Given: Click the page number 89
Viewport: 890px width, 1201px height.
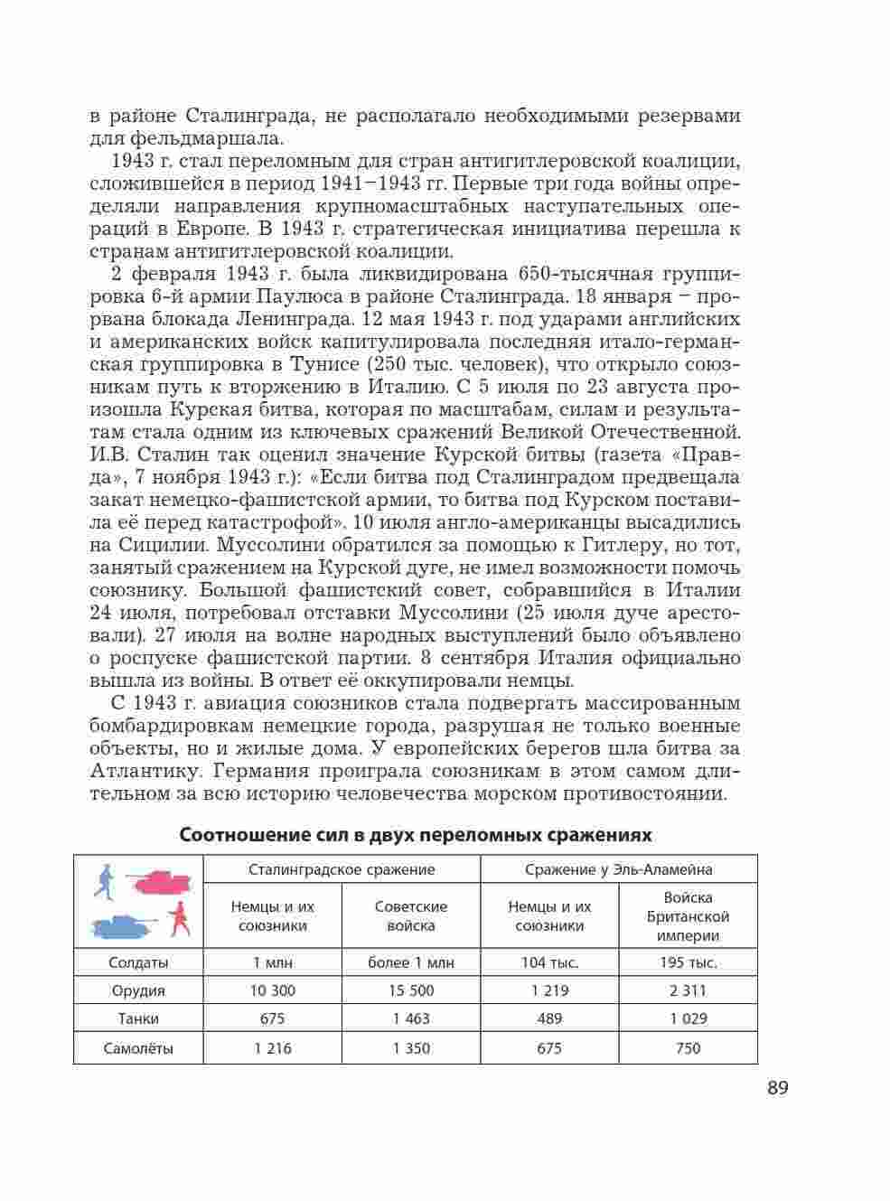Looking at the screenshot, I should [777, 1087].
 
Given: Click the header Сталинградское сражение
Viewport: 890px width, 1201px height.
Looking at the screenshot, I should [342, 869].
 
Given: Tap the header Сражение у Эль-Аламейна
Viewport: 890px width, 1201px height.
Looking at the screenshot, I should [619, 869].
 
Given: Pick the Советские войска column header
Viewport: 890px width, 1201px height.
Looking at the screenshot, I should [411, 915].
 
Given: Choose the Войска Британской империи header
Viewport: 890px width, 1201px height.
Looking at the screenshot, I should [688, 916].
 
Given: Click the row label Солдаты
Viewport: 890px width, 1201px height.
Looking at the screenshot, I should [138, 962].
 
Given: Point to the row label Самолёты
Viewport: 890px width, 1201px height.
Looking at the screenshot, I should [138, 1048].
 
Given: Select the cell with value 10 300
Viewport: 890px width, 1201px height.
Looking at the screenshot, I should [273, 990].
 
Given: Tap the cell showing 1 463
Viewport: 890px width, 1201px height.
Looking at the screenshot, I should [411, 1018].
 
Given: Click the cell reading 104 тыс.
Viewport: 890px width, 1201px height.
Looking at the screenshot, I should [549, 962].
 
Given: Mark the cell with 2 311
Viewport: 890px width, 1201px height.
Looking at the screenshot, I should [688, 990].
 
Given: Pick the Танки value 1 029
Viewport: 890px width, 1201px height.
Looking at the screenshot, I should [688, 1018].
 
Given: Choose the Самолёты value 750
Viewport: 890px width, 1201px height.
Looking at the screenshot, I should [688, 1048].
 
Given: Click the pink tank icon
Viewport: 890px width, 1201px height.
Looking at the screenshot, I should [162, 880].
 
